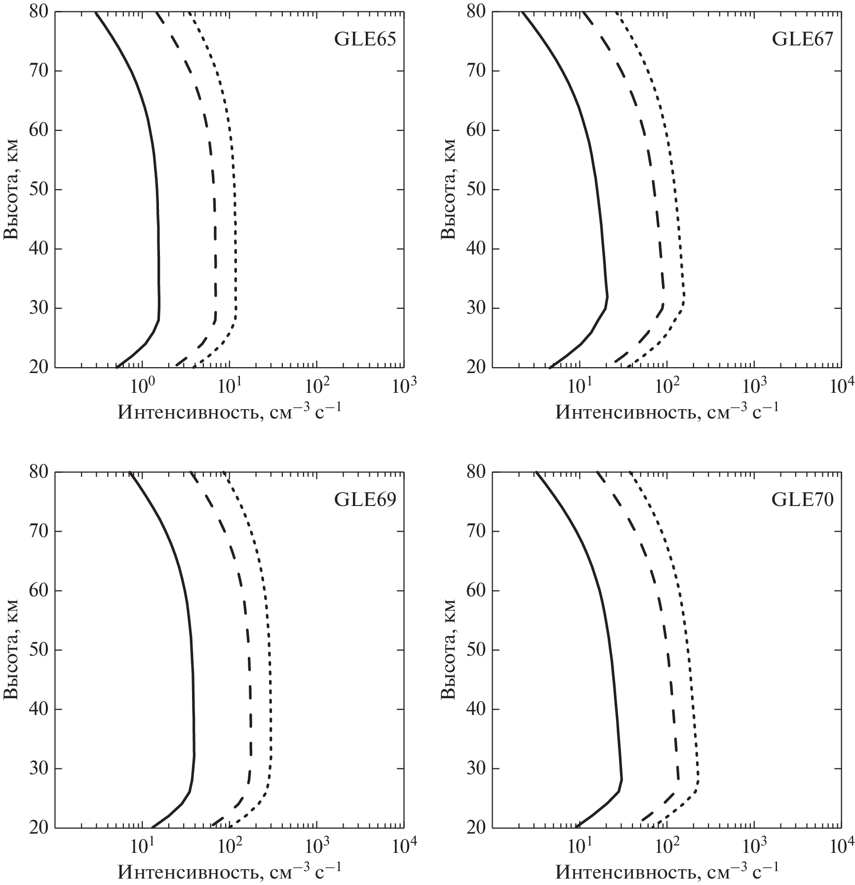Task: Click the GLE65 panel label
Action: pyautogui.click(x=365, y=39)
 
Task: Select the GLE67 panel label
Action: pyautogui.click(x=803, y=39)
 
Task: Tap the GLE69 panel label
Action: pyautogui.click(x=365, y=500)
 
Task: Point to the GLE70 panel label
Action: pyautogui.click(x=803, y=500)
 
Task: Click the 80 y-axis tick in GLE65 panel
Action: pyautogui.click(x=38, y=12)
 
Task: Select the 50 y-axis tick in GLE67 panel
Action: pyautogui.click(x=476, y=190)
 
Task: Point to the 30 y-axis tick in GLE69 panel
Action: pyautogui.click(x=38, y=769)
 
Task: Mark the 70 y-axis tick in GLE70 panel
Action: pyautogui.click(x=476, y=532)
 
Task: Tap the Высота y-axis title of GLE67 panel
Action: pyautogui.click(x=449, y=190)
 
